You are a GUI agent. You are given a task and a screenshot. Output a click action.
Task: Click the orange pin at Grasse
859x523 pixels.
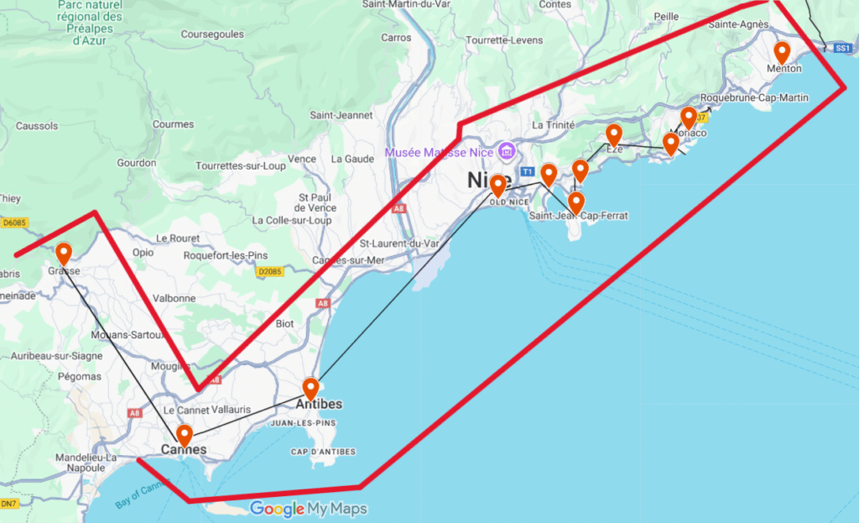click(x=64, y=254)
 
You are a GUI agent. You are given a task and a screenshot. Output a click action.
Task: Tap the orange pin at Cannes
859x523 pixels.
click(x=184, y=435)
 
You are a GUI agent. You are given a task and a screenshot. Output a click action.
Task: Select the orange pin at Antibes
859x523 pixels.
click(x=311, y=389)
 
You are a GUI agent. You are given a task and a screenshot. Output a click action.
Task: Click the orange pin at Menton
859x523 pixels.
click(x=782, y=52)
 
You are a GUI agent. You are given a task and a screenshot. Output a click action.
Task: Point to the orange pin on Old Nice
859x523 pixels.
click(x=498, y=185)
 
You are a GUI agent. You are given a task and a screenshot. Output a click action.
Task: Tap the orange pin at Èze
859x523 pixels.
click(x=614, y=134)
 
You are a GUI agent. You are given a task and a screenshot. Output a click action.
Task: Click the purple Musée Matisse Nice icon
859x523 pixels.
click(x=506, y=152)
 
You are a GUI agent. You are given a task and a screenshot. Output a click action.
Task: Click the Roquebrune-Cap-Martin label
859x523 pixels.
click(x=754, y=98)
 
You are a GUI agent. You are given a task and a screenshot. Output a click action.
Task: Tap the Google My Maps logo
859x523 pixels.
click(x=309, y=509)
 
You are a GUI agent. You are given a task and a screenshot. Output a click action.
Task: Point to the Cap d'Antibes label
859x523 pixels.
click(x=323, y=452)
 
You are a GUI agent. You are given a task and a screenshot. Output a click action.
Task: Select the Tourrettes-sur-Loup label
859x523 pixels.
click(x=241, y=166)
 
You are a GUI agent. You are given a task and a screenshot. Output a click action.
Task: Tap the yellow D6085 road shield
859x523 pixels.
click(x=13, y=223)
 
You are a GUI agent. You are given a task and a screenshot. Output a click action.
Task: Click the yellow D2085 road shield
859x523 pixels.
click(x=270, y=272)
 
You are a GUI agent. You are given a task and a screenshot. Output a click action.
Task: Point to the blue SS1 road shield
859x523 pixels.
click(x=843, y=50)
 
